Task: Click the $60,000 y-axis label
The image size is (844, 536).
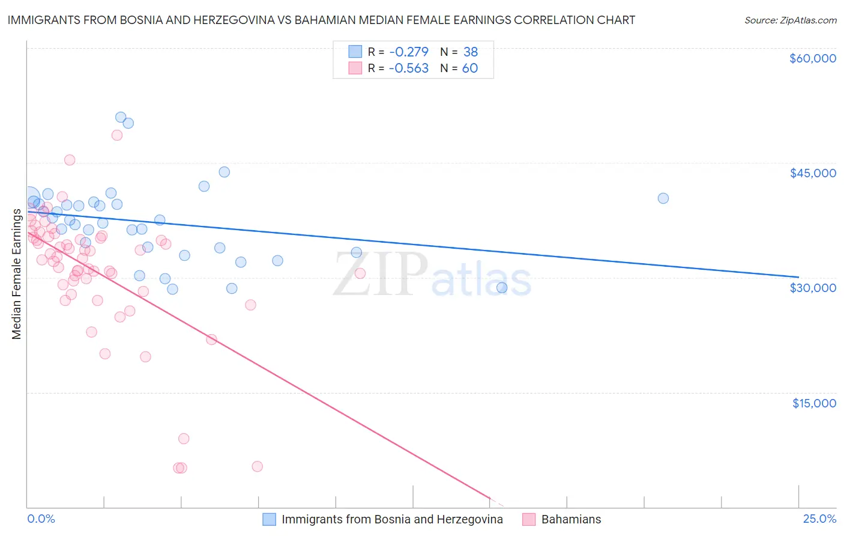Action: pos(812,58)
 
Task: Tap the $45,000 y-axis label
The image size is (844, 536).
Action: pos(812,173)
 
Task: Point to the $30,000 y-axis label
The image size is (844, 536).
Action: pos(812,288)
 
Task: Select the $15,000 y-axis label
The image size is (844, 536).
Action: pos(813,403)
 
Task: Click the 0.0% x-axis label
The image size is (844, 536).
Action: pos(41,519)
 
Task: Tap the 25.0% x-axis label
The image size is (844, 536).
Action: pos(819,519)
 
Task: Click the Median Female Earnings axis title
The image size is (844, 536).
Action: pos(17,274)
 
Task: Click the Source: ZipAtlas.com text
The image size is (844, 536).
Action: pos(790,20)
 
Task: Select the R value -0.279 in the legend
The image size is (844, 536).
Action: pos(408,52)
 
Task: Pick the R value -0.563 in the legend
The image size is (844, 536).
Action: pos(408,69)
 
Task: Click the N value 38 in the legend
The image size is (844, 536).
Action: pos(471,52)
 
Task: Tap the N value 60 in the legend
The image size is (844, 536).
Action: pos(470,69)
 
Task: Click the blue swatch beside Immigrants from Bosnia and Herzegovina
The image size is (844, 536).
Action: pos(269,520)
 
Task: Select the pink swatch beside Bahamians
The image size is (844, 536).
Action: pos(529,520)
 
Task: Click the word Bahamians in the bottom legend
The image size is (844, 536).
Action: pos(571,520)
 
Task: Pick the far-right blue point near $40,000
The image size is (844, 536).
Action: pos(663,198)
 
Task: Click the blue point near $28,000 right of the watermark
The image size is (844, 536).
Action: pos(502,288)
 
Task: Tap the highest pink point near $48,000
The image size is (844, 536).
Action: pos(117,135)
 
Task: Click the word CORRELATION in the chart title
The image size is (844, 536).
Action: pos(552,20)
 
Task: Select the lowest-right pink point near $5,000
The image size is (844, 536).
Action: pos(258,466)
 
